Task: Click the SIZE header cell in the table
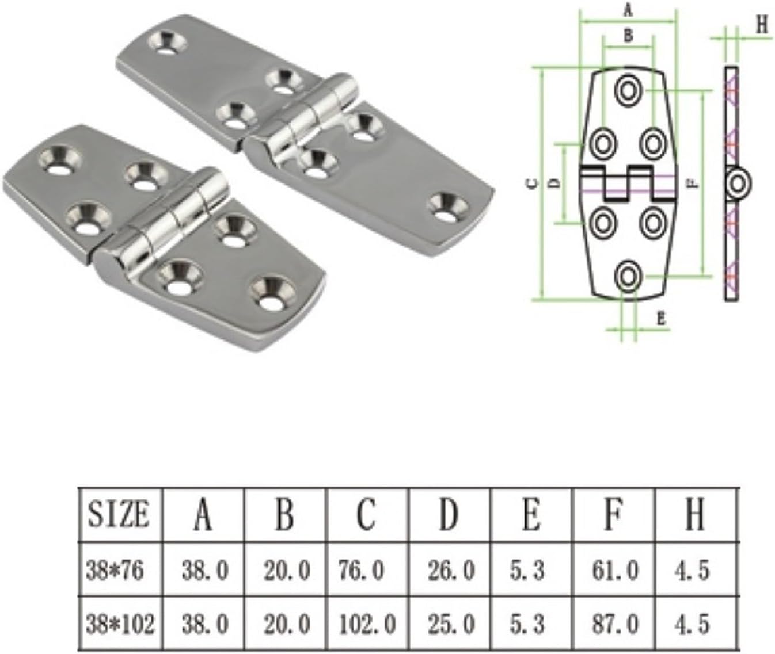pyautogui.click(x=119, y=514)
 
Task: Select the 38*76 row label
pyautogui.click(x=115, y=571)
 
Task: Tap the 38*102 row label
pyautogui.click(x=120, y=624)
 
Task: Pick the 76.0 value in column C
pyautogui.click(x=362, y=571)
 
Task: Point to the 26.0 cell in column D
pyautogui.click(x=451, y=571)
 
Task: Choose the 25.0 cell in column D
pyautogui.click(x=451, y=624)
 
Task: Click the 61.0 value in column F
pyautogui.click(x=615, y=571)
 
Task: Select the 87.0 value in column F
pyautogui.click(x=615, y=624)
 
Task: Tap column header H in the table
pyautogui.click(x=695, y=514)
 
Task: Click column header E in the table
pyautogui.click(x=530, y=514)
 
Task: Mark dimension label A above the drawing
pyautogui.click(x=628, y=10)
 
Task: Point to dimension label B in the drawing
pyautogui.click(x=628, y=36)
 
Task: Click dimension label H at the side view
pyautogui.click(x=761, y=25)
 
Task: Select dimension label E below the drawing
pyautogui.click(x=660, y=318)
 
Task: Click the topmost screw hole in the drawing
pyautogui.click(x=628, y=90)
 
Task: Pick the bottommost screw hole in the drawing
pyautogui.click(x=628, y=277)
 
